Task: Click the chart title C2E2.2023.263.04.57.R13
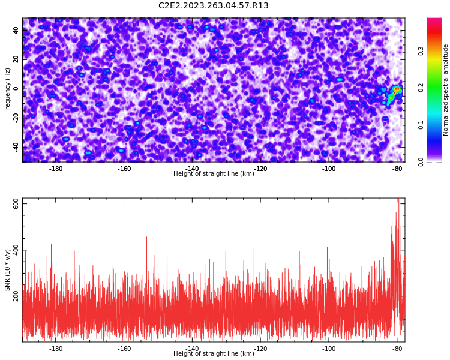(x=213, y=5)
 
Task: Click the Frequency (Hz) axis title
(x=7, y=90)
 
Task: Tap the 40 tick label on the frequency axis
(x=16, y=30)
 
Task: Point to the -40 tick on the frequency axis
(x=16, y=148)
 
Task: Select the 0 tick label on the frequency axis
(x=16, y=89)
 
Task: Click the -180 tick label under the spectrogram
(x=56, y=169)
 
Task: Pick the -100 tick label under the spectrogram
(x=329, y=169)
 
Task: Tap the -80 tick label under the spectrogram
(x=397, y=169)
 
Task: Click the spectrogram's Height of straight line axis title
(x=214, y=173)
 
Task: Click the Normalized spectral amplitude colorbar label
(x=445, y=90)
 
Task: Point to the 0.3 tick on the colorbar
(x=421, y=51)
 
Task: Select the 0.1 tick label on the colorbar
(x=421, y=125)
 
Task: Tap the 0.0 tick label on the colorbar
(x=421, y=162)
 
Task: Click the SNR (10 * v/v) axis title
(x=7, y=270)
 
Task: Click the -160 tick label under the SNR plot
(x=124, y=349)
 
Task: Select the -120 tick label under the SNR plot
(x=260, y=349)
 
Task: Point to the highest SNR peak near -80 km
(x=398, y=199)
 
